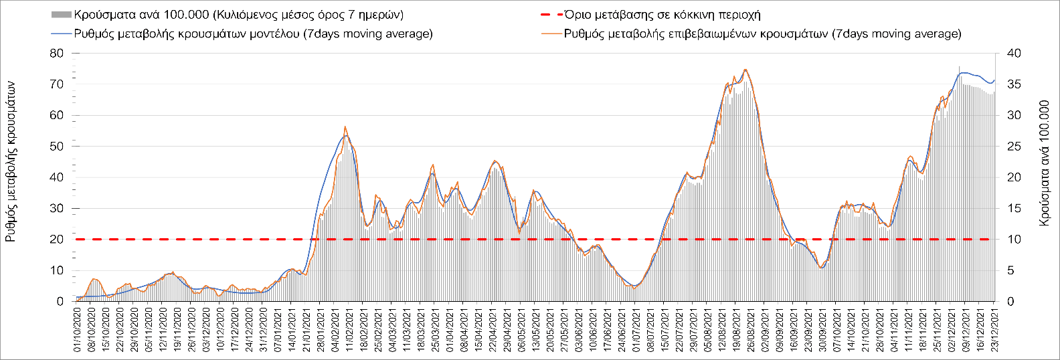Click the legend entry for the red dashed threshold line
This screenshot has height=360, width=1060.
(x=662, y=15)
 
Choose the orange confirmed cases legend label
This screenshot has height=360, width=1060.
(x=762, y=33)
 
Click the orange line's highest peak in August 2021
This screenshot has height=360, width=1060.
(x=745, y=70)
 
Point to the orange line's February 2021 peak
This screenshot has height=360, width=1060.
(x=345, y=126)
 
